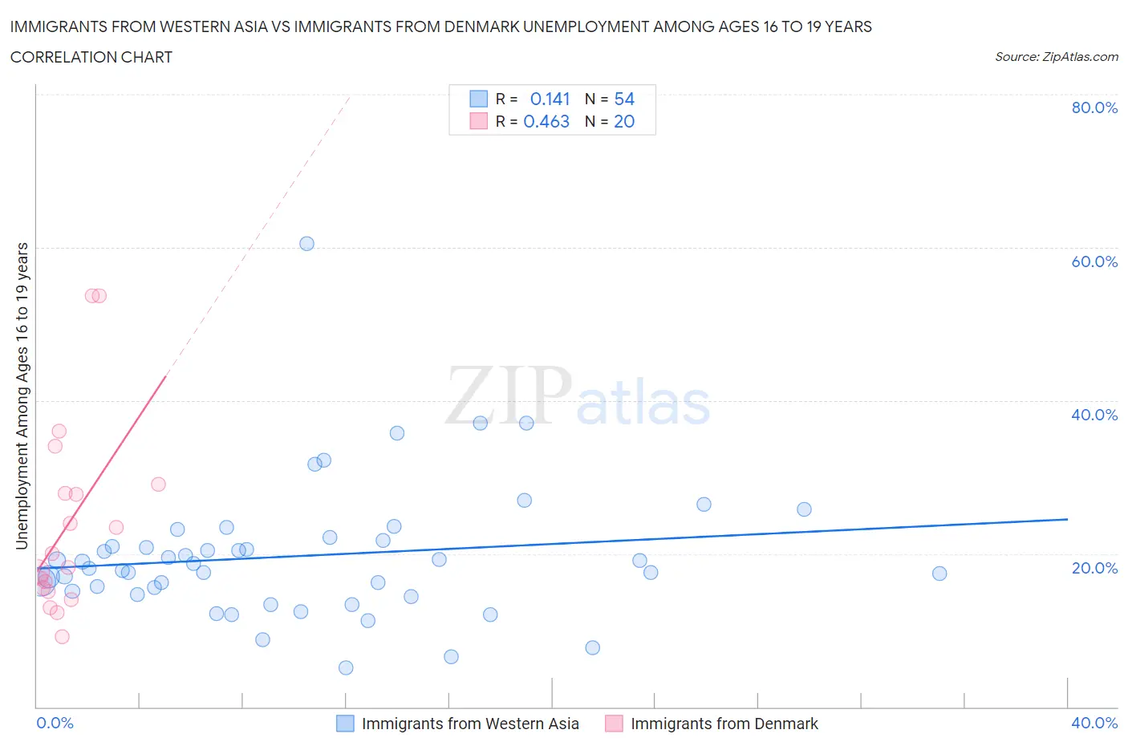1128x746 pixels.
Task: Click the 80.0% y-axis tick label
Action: click(x=1094, y=107)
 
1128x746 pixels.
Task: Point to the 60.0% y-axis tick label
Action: click(x=1094, y=262)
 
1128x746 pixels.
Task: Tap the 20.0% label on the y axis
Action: click(x=1094, y=568)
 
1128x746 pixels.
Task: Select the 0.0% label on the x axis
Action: click(x=55, y=723)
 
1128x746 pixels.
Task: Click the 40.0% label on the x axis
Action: click(x=1094, y=723)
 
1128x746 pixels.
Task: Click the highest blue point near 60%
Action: click(x=306, y=244)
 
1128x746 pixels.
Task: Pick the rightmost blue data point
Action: click(x=939, y=574)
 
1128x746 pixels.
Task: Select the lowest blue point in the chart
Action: click(x=346, y=667)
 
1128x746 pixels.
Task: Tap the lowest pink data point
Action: click(x=62, y=637)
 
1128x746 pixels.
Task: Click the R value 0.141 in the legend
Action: click(x=550, y=99)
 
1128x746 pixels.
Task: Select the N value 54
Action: click(x=624, y=99)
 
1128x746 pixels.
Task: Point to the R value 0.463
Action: click(x=546, y=121)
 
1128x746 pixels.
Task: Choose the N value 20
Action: click(x=624, y=121)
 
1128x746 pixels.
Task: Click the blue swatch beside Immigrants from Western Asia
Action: click(x=345, y=724)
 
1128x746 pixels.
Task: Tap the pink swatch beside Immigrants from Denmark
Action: click(x=614, y=724)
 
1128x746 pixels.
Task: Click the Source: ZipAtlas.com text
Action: click(x=1056, y=57)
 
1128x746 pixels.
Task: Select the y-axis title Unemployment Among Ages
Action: click(x=22, y=396)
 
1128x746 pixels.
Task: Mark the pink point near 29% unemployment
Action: click(x=158, y=484)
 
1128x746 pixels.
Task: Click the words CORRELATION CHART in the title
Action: click(x=91, y=57)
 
